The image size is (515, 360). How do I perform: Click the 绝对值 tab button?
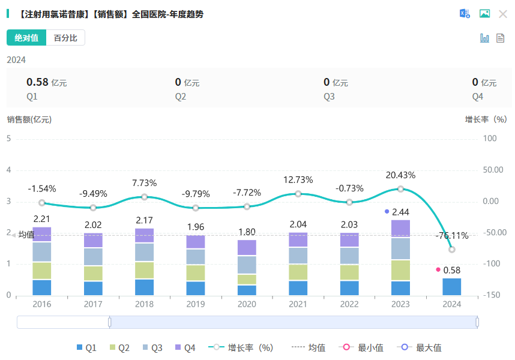click(x=26, y=38)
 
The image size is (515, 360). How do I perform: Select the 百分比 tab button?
click(x=65, y=38)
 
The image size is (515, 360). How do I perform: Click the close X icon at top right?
click(x=503, y=14)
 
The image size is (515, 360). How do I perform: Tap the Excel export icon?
click(x=465, y=14)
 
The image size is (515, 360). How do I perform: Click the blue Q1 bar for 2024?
click(x=452, y=287)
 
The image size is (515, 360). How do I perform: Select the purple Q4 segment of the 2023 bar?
click(x=400, y=229)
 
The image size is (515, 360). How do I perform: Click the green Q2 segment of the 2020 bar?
click(x=247, y=280)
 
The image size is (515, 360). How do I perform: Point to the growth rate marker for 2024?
click(x=452, y=250)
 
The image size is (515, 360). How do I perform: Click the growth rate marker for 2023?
click(x=400, y=189)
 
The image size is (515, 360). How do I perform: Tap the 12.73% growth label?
click(x=298, y=179)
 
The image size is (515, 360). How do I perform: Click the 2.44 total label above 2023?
click(x=400, y=212)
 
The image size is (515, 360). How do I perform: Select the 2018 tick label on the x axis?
click(x=144, y=304)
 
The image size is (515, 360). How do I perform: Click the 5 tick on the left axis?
click(x=9, y=139)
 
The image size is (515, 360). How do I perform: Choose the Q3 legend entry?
click(x=151, y=347)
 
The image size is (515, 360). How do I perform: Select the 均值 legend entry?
click(x=310, y=347)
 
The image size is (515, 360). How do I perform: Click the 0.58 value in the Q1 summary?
click(x=37, y=82)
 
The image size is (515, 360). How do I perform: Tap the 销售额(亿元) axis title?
click(x=29, y=119)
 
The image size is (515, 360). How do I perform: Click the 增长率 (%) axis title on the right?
click(x=486, y=119)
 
